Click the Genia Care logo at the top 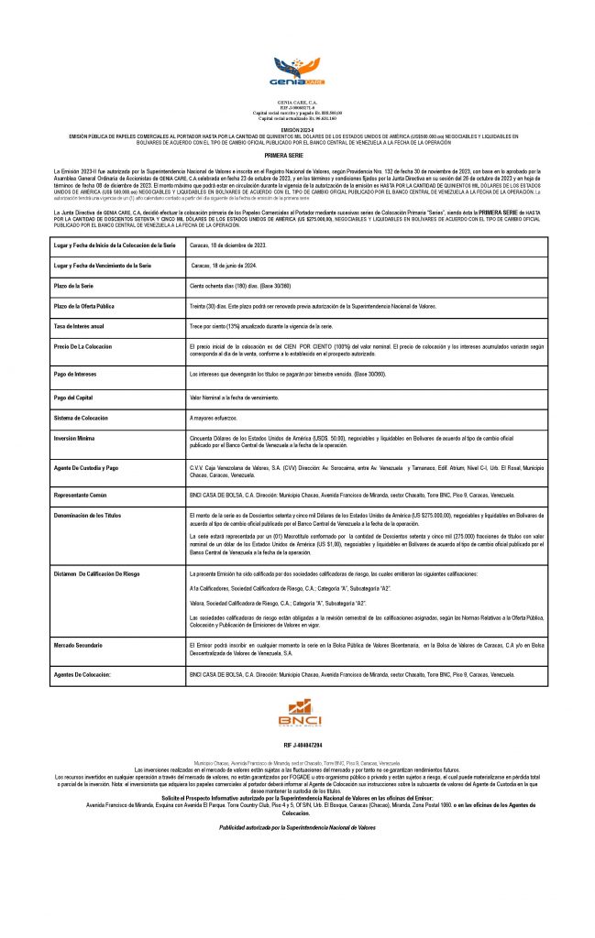click(x=297, y=69)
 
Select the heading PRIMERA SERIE click(x=297, y=156)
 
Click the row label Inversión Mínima click(x=80, y=439)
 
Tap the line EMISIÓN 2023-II click(x=297, y=130)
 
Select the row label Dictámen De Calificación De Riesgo click(x=107, y=573)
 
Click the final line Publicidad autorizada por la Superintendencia click(x=297, y=827)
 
